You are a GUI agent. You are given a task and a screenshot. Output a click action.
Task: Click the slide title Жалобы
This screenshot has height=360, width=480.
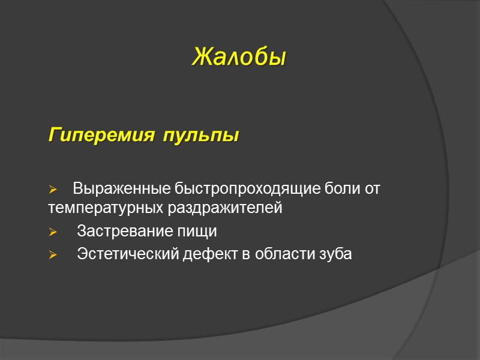point(239,58)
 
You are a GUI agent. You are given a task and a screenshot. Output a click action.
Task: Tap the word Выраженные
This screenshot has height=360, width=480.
point(122,190)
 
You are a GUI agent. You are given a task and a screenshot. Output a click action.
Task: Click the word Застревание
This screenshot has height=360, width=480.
point(122,231)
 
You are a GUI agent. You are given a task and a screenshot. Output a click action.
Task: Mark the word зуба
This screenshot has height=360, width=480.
point(337,254)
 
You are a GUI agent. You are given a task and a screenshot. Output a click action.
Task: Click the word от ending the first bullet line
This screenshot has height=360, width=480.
point(373,190)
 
